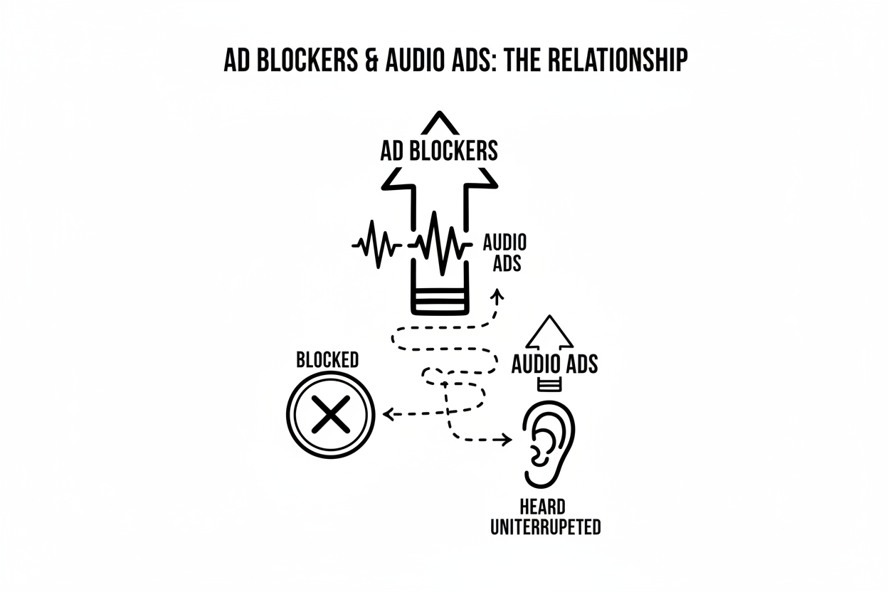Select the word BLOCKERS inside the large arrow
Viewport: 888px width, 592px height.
point(453,151)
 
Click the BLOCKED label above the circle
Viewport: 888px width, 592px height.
point(327,360)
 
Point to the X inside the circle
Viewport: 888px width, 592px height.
point(331,414)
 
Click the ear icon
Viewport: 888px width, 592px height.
point(549,444)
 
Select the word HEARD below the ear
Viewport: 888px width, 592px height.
point(543,507)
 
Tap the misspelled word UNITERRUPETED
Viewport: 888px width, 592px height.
point(546,527)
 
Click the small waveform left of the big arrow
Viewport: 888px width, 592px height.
point(376,244)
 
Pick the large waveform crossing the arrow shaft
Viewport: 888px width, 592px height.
point(440,243)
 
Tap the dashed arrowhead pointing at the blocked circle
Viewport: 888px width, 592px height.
point(388,414)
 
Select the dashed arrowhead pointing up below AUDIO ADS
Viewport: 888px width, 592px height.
point(497,294)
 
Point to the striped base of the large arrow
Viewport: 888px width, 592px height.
point(440,302)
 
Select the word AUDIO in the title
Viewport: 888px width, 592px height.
point(414,60)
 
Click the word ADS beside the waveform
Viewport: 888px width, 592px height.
point(507,263)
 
